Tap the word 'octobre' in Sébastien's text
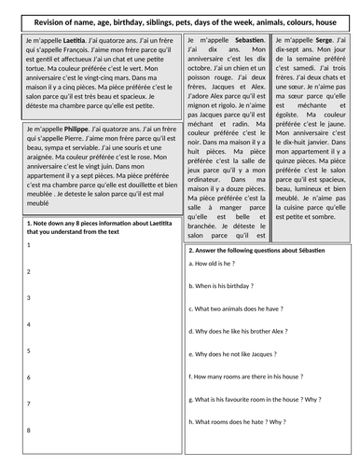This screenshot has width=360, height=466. point(204,79)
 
